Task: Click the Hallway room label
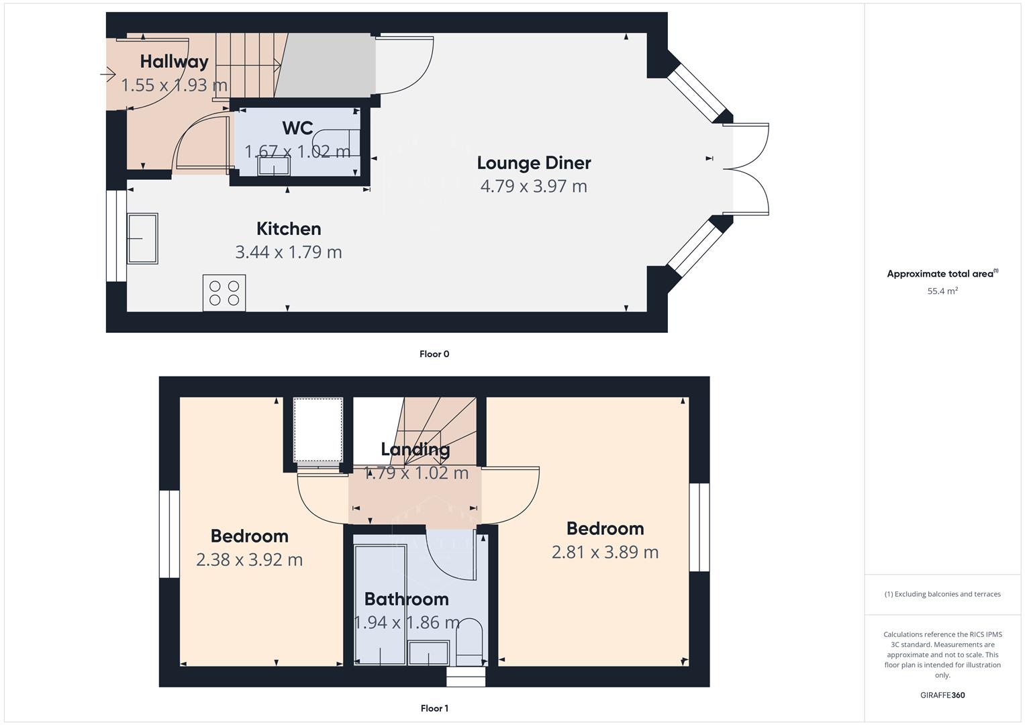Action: point(174,62)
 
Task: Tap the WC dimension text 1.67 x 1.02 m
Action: point(297,152)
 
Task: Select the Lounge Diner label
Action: point(534,163)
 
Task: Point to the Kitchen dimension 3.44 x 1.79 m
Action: point(288,252)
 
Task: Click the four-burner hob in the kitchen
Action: point(224,293)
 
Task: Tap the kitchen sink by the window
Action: point(142,238)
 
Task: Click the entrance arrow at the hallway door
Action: point(108,74)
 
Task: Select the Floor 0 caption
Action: point(434,354)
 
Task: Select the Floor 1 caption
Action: point(434,708)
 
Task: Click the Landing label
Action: point(415,449)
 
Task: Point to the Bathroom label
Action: point(406,599)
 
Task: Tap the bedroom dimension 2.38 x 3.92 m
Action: point(249,560)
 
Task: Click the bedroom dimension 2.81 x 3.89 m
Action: point(605,552)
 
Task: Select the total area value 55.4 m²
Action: point(942,291)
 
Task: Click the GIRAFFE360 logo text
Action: point(942,695)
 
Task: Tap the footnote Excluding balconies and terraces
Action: point(942,594)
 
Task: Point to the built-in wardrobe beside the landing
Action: point(318,429)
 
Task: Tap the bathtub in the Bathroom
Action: point(381,604)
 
